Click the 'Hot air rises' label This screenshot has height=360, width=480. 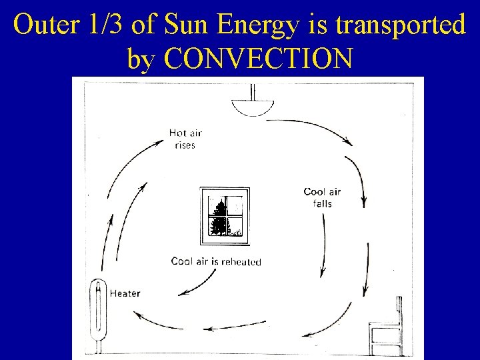point(185,139)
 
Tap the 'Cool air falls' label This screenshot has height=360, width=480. point(322,197)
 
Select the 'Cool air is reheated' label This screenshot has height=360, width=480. point(216,261)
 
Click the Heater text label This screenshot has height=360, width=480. point(125,293)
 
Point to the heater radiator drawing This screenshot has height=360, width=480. point(98,313)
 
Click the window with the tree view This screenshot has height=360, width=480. point(225,214)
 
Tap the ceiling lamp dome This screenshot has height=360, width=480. point(253,107)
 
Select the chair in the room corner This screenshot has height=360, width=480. point(387,330)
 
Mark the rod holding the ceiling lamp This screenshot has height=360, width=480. point(253,91)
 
